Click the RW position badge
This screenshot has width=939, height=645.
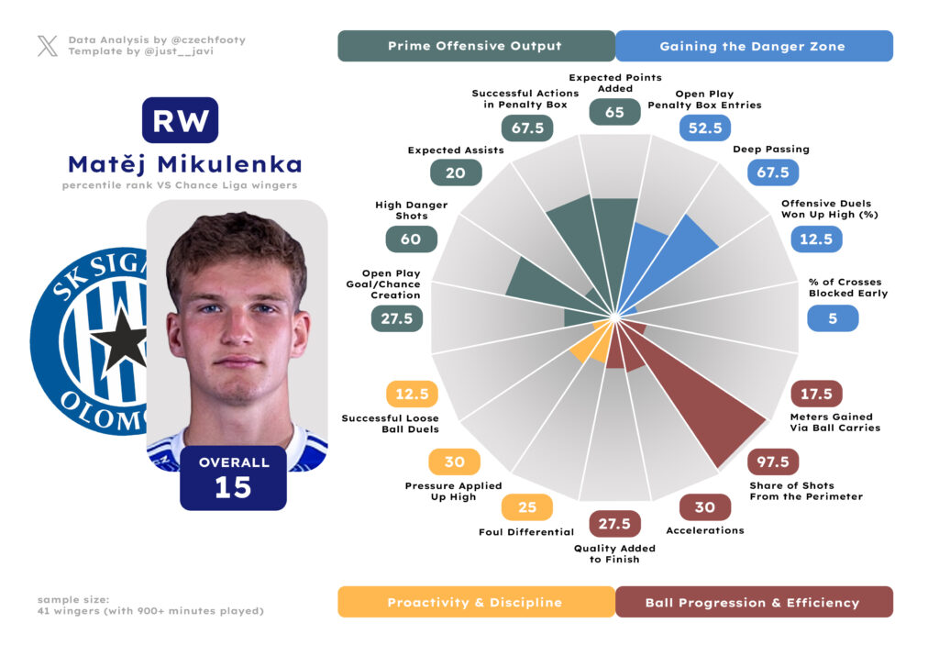pos(180,120)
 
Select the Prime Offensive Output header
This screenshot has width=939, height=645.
pos(475,46)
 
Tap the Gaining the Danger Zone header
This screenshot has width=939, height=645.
pos(752,46)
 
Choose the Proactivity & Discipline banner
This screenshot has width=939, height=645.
pos(475,602)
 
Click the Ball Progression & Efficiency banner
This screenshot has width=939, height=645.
pos(752,602)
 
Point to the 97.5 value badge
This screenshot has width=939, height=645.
pos(773,462)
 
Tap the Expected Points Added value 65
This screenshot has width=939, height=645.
pos(614,112)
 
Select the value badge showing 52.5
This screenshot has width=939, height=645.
pos(704,128)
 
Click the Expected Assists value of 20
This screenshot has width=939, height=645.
pos(456,172)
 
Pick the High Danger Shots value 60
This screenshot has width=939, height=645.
pos(411,239)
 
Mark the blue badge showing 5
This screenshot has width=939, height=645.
pos(833,318)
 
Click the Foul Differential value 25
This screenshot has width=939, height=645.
pos(526,507)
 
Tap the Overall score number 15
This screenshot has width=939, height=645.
pos(233,487)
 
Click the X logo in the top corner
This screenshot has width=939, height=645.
pos(48,46)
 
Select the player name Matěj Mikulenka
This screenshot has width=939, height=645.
pos(184,164)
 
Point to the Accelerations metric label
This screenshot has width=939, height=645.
pos(704,530)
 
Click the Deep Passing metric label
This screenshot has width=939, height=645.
pos(770,149)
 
